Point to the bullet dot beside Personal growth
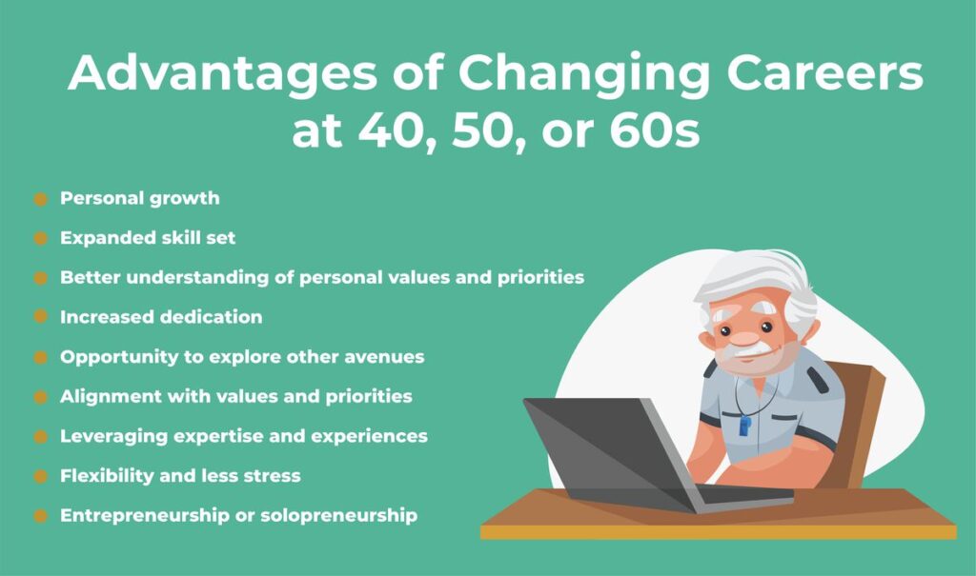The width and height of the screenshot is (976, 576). pyautogui.click(x=40, y=199)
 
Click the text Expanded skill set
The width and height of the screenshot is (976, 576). pyautogui.click(x=147, y=238)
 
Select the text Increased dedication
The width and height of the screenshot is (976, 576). pyautogui.click(x=160, y=316)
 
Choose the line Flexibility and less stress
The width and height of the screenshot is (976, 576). pyautogui.click(x=180, y=475)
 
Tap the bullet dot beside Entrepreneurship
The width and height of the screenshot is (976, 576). pyautogui.click(x=40, y=515)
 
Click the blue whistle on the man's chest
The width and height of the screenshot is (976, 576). pyautogui.click(x=744, y=425)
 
